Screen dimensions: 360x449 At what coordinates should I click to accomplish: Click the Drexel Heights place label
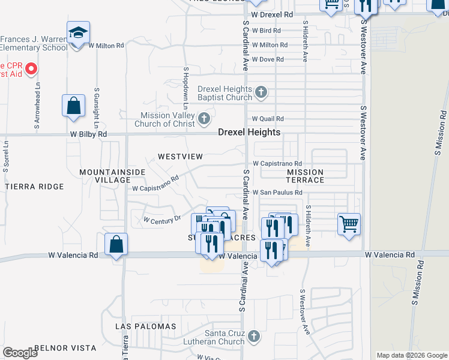tap(249, 132)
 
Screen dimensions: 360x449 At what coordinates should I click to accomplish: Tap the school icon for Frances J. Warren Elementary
tap(78, 34)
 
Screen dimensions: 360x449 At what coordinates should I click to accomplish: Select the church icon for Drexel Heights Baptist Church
tap(261, 93)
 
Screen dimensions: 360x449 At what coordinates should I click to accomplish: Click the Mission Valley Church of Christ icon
tap(204, 116)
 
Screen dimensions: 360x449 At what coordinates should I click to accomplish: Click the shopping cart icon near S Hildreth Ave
tap(349, 224)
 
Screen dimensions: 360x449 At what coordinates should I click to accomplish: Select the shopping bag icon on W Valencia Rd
tap(116, 244)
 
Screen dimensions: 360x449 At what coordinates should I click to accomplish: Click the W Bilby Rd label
tap(88, 134)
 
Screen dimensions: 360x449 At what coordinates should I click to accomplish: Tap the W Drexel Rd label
tap(272, 14)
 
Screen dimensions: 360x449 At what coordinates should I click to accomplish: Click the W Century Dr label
tap(162, 220)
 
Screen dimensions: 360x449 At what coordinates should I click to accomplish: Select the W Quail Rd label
tap(268, 119)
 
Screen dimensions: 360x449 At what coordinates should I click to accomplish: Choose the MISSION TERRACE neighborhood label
tap(305, 176)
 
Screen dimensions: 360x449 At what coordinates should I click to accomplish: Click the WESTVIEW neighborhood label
tap(181, 157)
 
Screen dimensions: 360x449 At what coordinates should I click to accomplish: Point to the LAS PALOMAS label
tap(146, 326)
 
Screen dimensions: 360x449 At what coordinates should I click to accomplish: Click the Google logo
tap(20, 353)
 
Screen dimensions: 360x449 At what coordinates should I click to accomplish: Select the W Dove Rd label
tap(268, 59)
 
